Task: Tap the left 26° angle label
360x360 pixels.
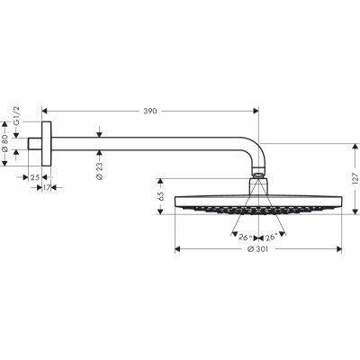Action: [242, 237]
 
